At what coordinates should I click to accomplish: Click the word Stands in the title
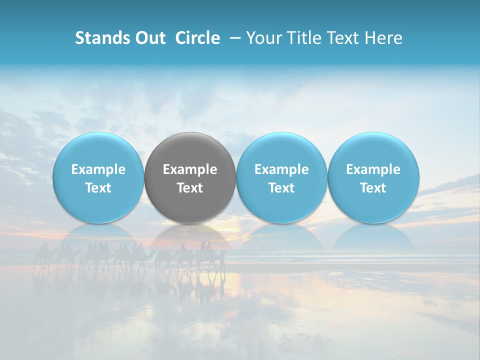pyautogui.click(x=102, y=38)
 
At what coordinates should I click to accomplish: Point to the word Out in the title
pyautogui.click(x=150, y=38)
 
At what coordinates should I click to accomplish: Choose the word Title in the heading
pyautogui.click(x=305, y=38)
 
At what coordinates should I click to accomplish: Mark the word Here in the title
pyautogui.click(x=384, y=38)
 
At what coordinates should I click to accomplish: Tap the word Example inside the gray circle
pyautogui.click(x=190, y=169)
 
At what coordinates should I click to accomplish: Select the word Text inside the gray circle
pyautogui.click(x=190, y=188)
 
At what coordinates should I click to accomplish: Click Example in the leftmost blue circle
pyautogui.click(x=98, y=169)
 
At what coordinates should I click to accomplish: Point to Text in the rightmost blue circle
pyautogui.click(x=373, y=188)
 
